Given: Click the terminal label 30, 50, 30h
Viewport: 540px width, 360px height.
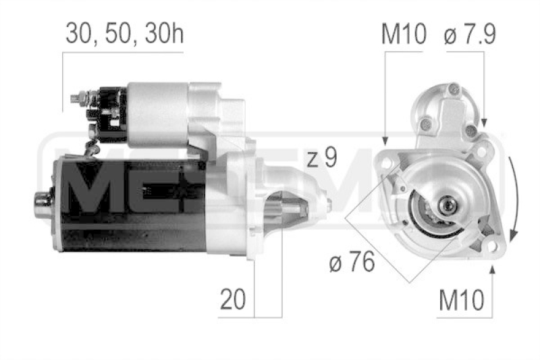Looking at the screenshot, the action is pos(125,33).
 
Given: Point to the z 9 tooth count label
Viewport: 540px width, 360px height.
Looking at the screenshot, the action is pos(322,158).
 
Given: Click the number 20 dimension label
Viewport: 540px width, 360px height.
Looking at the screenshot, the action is pos(233,299).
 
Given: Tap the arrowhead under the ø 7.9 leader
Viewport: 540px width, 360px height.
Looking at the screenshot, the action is pos(484,123).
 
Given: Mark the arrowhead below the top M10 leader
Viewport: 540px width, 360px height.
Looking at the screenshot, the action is pos(385,140).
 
